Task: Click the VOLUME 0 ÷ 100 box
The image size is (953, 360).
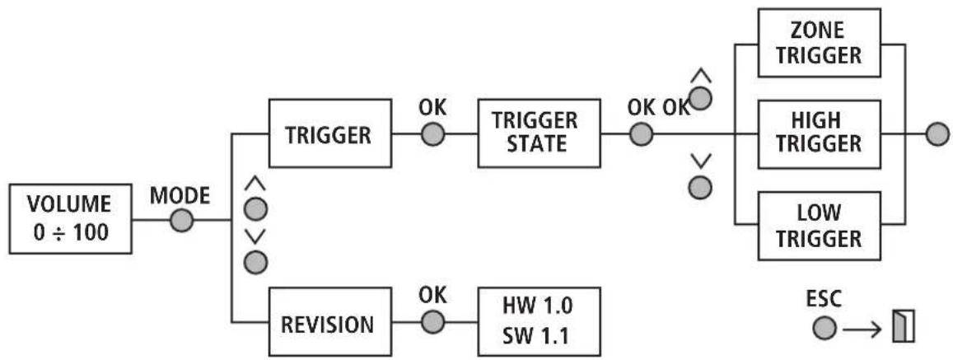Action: (70, 219)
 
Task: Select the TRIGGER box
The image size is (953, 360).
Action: (330, 133)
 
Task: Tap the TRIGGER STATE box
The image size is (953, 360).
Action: (540, 133)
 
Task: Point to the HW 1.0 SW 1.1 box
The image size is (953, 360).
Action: (540, 321)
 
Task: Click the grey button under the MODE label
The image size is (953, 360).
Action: (181, 220)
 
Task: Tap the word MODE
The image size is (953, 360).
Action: (180, 196)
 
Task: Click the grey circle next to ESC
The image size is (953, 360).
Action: (825, 329)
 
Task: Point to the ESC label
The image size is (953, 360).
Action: (824, 301)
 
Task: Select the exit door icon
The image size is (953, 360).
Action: (903, 325)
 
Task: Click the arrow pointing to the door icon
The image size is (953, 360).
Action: (862, 330)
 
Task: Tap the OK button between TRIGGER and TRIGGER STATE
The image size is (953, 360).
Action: (432, 133)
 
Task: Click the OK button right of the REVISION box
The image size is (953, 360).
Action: (432, 321)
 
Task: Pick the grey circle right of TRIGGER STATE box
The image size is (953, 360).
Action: (641, 133)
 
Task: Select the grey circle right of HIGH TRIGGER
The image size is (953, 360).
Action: (937, 133)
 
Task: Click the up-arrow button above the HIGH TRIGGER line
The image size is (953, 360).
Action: (700, 99)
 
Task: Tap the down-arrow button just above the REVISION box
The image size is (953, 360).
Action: (255, 263)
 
